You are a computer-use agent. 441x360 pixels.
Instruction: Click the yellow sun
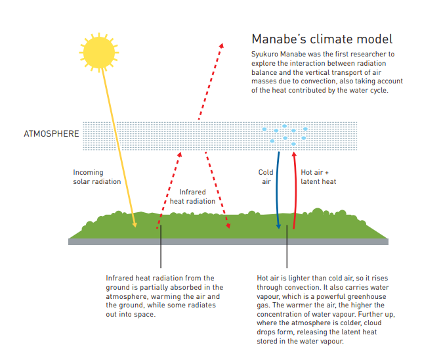[x=99, y=53]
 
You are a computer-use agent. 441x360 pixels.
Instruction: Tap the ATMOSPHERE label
[x=51, y=134]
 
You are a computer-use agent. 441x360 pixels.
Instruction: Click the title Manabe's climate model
[x=322, y=39]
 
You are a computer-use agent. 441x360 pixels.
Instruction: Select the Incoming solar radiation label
[x=96, y=177]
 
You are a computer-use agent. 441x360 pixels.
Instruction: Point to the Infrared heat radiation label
[x=192, y=196]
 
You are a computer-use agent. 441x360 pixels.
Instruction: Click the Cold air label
[x=266, y=177]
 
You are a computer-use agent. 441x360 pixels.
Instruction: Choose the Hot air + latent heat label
[x=318, y=177]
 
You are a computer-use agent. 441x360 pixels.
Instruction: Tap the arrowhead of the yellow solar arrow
[x=135, y=225]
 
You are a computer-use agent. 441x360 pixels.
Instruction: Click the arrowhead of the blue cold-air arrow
[x=278, y=226]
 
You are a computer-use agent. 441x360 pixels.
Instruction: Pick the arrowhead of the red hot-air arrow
[x=294, y=154]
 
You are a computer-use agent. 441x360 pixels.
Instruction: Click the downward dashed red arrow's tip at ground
[x=229, y=227]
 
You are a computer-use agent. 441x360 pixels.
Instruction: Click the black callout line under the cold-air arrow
[x=287, y=246]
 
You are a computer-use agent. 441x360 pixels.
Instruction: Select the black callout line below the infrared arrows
[x=161, y=246]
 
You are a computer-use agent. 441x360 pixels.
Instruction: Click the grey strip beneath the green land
[x=228, y=242]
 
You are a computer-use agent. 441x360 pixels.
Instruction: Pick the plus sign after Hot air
[x=327, y=173]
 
